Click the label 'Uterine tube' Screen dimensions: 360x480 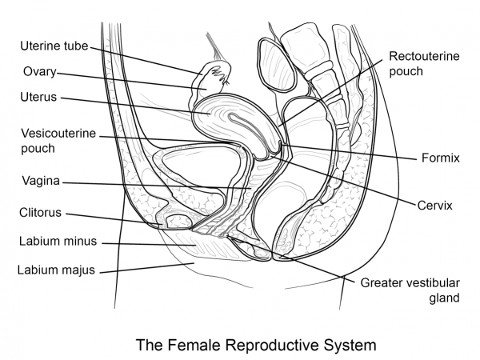(54, 47)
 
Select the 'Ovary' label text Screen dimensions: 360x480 (38, 72)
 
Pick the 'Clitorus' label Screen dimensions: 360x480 (40, 214)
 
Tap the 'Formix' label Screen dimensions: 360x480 (440, 158)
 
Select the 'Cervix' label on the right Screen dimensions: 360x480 (434, 206)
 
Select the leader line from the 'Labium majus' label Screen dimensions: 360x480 (152, 265)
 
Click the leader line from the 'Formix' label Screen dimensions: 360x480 (352, 151)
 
